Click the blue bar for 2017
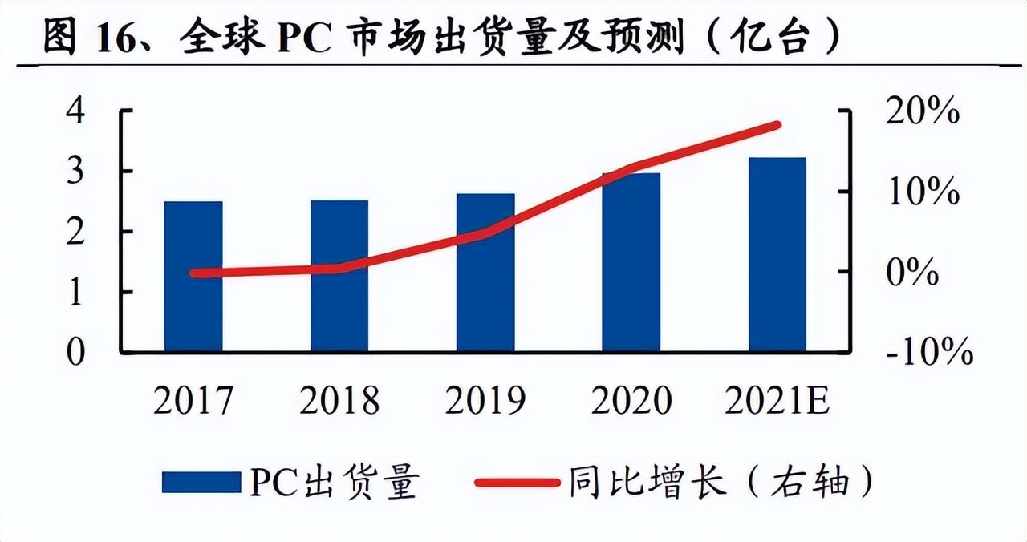tap(193, 277)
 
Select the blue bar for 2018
tap(339, 277)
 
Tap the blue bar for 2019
tap(485, 273)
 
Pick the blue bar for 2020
tap(631, 262)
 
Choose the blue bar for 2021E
tap(777, 255)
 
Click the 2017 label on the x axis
tap(193, 400)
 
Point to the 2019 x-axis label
tap(485, 400)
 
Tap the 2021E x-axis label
tap(777, 400)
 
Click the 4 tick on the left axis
tap(75, 111)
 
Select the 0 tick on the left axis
tap(75, 353)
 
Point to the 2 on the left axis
tap(75, 233)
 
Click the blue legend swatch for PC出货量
tap(201, 483)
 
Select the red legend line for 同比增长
tap(517, 483)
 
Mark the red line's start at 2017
tap(194, 273)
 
